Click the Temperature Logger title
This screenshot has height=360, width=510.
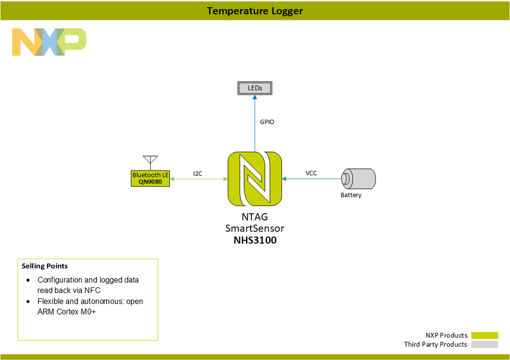(254, 11)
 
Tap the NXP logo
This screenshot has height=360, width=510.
(49, 42)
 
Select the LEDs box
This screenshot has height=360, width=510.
(254, 88)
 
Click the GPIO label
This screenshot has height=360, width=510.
(267, 122)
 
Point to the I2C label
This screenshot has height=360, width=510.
(198, 173)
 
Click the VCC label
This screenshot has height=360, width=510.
(311, 173)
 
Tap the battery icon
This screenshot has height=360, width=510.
(359, 178)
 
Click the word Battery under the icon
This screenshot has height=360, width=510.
(351, 195)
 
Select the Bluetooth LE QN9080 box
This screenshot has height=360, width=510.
(150, 178)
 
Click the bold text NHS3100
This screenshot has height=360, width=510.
(254, 240)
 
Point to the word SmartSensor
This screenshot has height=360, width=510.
(254, 228)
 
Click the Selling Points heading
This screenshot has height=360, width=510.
(44, 266)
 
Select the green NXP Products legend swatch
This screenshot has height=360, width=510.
(484, 335)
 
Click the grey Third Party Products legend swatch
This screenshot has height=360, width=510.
(484, 345)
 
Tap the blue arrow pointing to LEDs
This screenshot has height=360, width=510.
(254, 123)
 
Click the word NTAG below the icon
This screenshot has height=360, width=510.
(254, 217)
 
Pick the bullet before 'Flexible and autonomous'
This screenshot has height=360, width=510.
(28, 302)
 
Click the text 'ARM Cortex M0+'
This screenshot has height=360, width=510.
(66, 312)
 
